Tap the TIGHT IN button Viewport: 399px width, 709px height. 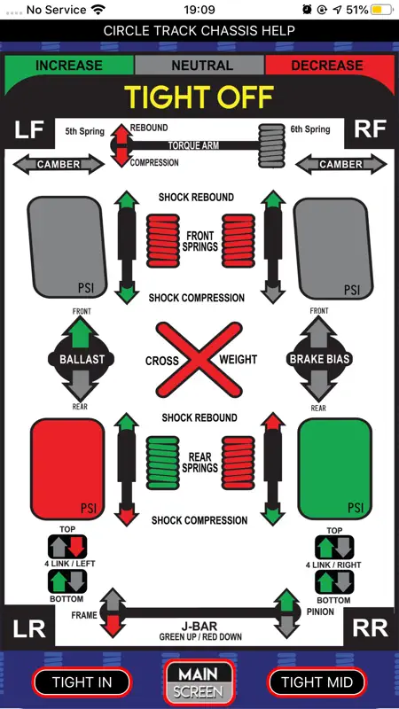tap(82, 682)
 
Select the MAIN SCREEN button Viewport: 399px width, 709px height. tap(199, 682)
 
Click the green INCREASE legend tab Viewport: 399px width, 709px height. tap(69, 66)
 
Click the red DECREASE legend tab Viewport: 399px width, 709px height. tap(327, 66)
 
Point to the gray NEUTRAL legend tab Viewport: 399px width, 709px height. tap(199, 66)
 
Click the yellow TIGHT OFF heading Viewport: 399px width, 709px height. tap(199, 97)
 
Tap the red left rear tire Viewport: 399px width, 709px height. tap(67, 469)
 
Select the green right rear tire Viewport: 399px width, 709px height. tap(335, 469)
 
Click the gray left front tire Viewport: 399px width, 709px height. tap(67, 247)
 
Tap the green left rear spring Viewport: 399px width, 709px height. tap(163, 463)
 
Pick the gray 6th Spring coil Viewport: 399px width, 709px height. tap(272, 145)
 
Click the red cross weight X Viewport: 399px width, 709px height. tap(199, 360)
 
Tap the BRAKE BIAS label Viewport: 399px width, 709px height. tap(319, 360)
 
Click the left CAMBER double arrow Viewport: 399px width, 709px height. tap(59, 164)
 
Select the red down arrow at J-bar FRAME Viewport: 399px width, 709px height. tap(113, 626)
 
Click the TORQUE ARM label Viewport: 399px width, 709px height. tap(194, 145)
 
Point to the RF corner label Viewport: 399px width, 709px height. tap(370, 129)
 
